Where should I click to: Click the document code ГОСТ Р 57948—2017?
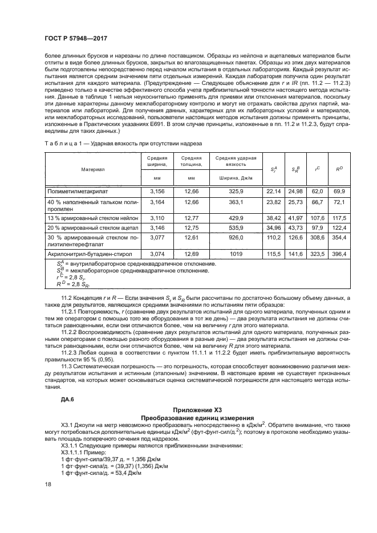pyautogui.click(x=75, y=38)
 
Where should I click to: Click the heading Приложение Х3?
pyautogui.click(x=193, y=409)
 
